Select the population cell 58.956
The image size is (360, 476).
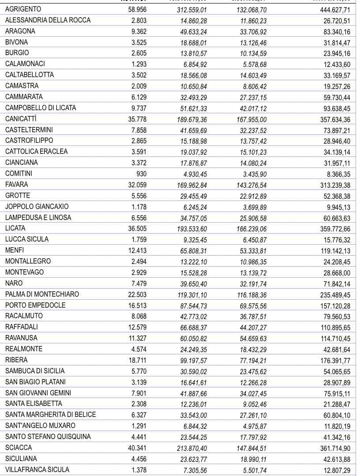[x=137, y=9]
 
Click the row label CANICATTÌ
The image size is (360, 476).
[x=21, y=119]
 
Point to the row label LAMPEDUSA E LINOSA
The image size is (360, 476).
[x=38, y=217]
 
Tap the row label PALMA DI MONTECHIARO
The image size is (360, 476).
[x=42, y=294]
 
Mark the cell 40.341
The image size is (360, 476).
[x=137, y=447]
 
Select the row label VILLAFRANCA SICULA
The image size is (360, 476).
[x=37, y=469]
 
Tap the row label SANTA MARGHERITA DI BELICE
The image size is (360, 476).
[x=50, y=414]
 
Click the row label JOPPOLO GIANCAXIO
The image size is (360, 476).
[x=37, y=206]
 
